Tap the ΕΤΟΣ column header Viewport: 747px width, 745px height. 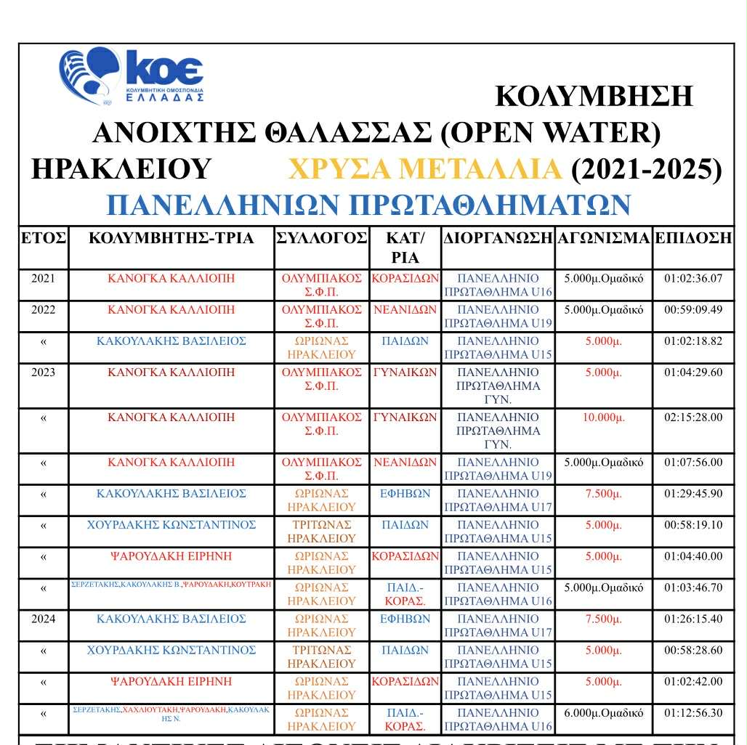[x=44, y=238]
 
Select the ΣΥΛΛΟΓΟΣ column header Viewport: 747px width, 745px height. [x=321, y=238]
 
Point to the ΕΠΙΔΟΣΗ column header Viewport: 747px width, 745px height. [x=693, y=238]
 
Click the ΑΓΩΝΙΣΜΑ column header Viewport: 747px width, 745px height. [x=603, y=238]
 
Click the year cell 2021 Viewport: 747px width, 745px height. [x=44, y=278]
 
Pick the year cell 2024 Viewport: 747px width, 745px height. [x=44, y=619]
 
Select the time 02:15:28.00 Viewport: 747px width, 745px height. [x=693, y=418]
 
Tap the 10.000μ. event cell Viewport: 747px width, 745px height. [x=603, y=418]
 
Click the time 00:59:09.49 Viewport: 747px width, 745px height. [x=693, y=309]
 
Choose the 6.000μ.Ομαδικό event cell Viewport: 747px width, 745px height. [x=603, y=712]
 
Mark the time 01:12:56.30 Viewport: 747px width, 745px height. [x=693, y=712]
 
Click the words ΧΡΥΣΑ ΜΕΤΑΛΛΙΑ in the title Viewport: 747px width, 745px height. [x=424, y=169]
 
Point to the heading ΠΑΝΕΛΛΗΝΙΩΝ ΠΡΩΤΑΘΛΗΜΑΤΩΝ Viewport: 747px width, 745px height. [x=368, y=205]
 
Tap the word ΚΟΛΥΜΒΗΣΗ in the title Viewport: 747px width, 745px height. [x=594, y=96]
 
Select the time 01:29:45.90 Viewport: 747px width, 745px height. [x=693, y=494]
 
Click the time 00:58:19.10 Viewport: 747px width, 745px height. [x=693, y=525]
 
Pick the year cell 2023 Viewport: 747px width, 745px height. [x=44, y=372]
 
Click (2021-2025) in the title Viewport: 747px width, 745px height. [x=647, y=169]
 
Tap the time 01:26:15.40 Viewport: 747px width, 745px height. [x=693, y=619]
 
